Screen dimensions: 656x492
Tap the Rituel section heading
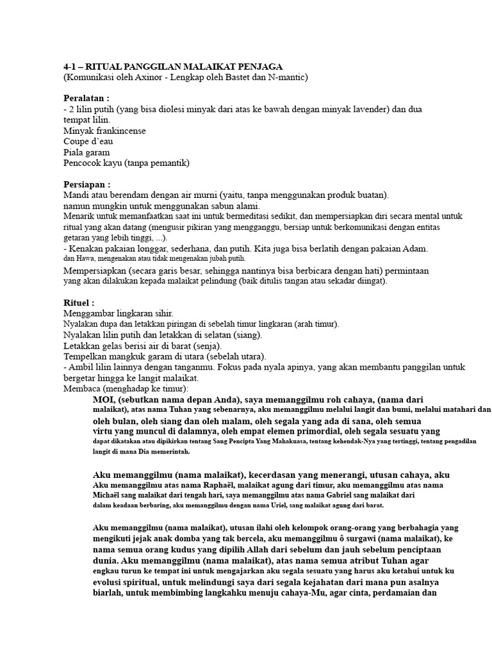[x=78, y=302]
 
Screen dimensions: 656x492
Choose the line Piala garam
[x=86, y=152]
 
